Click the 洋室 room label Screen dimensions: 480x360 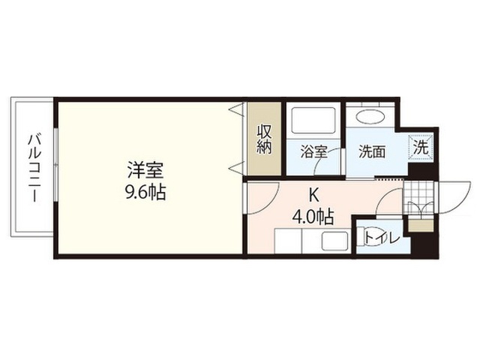pyautogui.click(x=145, y=170)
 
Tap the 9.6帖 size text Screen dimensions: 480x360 pyautogui.click(x=146, y=193)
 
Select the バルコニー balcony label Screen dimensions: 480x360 pyautogui.click(x=33, y=168)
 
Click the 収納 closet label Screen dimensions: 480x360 pyautogui.click(x=264, y=139)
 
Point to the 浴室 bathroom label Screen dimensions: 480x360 pyautogui.click(x=313, y=151)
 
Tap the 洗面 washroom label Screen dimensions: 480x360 pyautogui.click(x=372, y=151)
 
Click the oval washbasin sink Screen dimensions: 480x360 pyautogui.click(x=370, y=117)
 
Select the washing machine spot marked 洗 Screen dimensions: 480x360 pyautogui.click(x=421, y=148)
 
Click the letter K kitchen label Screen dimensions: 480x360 pyautogui.click(x=313, y=195)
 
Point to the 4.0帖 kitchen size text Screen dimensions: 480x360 pyautogui.click(x=313, y=217)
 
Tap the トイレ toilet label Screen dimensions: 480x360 pyautogui.click(x=382, y=238)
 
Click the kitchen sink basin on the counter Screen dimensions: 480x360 pyautogui.click(x=334, y=241)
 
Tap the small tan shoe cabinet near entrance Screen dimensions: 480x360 pyautogui.click(x=421, y=226)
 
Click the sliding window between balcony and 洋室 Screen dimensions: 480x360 pyautogui.click(x=55, y=165)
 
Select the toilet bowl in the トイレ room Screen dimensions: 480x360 pyautogui.click(x=361, y=237)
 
